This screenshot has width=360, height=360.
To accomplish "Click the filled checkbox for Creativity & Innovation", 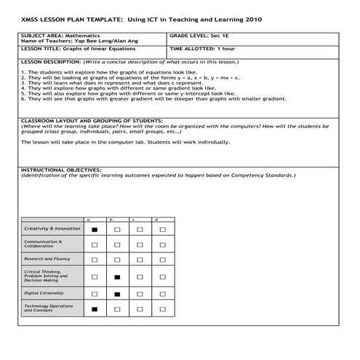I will pos(94,229).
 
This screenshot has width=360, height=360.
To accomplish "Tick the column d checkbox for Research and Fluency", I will pos(162,259).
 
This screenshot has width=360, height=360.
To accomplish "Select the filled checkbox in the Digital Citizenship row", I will pos(117,295).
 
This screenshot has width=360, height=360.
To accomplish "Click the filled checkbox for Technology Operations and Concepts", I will pos(94,310).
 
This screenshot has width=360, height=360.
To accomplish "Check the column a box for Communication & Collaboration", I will pos(94,244).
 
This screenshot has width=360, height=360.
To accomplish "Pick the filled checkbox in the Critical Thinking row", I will pos(117,277).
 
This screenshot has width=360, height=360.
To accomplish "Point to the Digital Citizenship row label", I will pos(44,293).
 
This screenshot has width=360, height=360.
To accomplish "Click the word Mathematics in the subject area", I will pos(84,35).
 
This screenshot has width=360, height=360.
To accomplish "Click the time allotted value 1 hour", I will pos(227,49).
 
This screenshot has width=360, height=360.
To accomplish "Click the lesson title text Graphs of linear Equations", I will pos(99,49).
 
